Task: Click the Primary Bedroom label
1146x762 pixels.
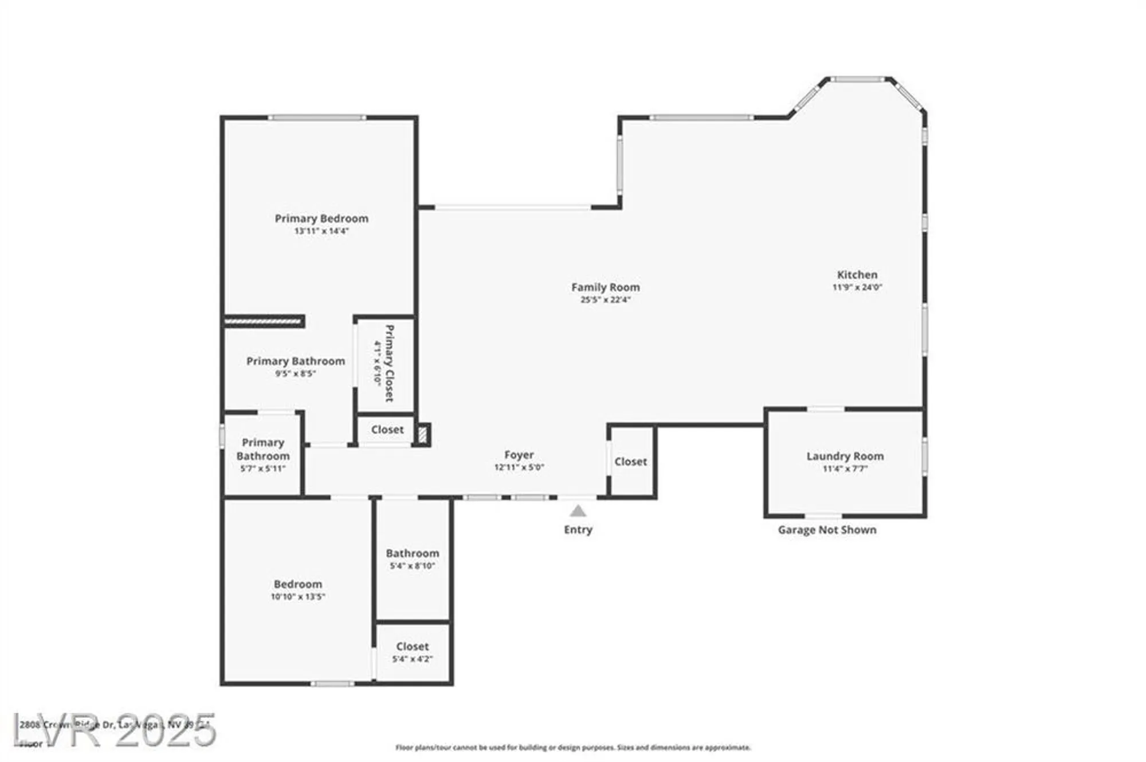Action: tap(321, 218)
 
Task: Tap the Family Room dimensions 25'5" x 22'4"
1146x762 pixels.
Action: tap(605, 300)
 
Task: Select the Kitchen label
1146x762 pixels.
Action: tap(857, 274)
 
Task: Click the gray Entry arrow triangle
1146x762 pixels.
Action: tap(578, 510)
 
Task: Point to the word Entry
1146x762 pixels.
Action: tap(578, 529)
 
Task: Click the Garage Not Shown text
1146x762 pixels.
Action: tap(826, 530)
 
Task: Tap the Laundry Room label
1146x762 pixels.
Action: tap(845, 456)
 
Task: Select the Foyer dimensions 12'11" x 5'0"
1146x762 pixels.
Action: tap(519, 467)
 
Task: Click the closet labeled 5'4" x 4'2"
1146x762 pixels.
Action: tap(412, 652)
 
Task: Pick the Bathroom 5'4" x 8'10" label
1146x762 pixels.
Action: tap(412, 559)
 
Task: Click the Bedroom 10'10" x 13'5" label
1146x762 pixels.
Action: tap(297, 589)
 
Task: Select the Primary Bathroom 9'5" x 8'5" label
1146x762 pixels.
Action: tap(295, 366)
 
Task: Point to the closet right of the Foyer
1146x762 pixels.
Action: tap(630, 461)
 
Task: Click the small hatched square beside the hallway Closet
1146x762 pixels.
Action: tap(423, 435)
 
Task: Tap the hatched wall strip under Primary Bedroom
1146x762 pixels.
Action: tap(263, 321)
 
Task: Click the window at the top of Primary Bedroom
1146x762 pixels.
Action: tap(317, 118)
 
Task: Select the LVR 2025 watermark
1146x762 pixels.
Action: tap(115, 730)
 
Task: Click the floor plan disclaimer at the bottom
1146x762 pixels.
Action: tap(573, 747)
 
